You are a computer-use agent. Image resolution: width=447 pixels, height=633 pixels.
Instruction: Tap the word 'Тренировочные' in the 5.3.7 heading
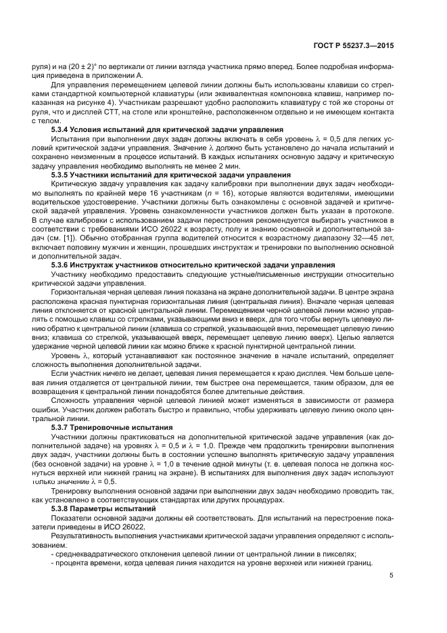[x=110, y=427]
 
